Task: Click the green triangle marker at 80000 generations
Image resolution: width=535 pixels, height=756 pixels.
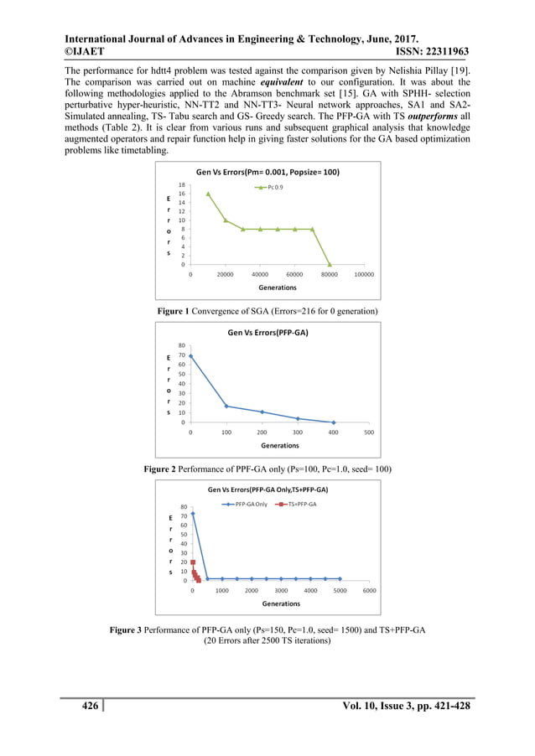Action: click(x=330, y=264)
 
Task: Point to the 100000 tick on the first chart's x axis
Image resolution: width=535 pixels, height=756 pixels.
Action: click(x=364, y=274)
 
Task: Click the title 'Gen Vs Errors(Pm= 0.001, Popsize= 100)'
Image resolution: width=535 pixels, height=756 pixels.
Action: click(x=267, y=172)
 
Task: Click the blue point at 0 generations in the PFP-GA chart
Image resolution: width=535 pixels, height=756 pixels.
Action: click(x=190, y=356)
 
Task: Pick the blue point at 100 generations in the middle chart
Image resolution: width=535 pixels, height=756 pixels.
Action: click(x=226, y=406)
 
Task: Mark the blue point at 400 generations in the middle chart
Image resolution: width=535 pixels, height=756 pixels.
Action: click(x=334, y=422)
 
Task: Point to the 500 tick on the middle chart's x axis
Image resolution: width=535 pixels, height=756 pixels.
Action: click(x=370, y=432)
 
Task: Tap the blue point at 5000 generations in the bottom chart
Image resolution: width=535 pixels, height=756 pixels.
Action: click(x=340, y=578)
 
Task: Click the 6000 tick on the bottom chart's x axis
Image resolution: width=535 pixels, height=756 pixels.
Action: click(x=369, y=589)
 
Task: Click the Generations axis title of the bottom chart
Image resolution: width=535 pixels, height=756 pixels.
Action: click(x=281, y=603)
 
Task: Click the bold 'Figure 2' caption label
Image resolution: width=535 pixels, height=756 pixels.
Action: click(x=165, y=467)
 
